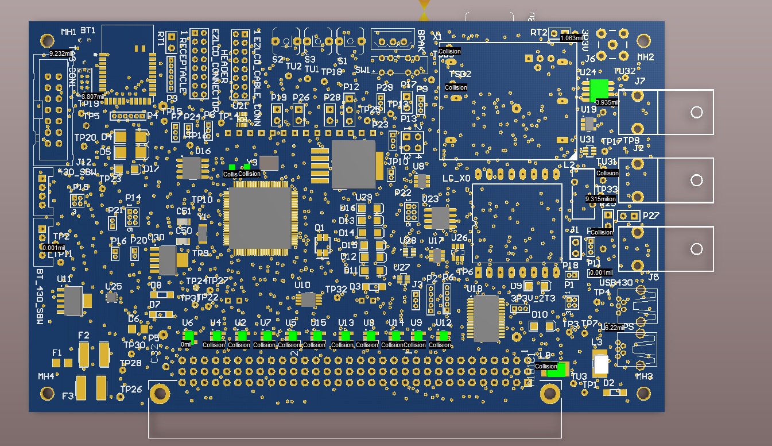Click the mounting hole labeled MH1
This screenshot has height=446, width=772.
47,40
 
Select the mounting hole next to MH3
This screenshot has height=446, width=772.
643,393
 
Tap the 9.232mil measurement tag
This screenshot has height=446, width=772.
59,53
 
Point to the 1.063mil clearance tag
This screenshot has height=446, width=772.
572,38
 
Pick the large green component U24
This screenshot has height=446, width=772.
600,89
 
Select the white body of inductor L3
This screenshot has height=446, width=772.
601,364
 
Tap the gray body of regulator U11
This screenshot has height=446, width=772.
73,301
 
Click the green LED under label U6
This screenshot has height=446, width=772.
188,336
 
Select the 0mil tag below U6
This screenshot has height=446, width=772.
187,344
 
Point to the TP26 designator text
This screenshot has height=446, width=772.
131,389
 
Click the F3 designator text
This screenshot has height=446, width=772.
68,396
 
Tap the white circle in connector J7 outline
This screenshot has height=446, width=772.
696,112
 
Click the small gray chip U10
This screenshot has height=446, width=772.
308,299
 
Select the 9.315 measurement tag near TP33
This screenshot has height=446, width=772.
600,199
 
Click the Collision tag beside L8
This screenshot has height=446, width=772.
546,366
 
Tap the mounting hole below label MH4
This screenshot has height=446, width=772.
47,394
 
